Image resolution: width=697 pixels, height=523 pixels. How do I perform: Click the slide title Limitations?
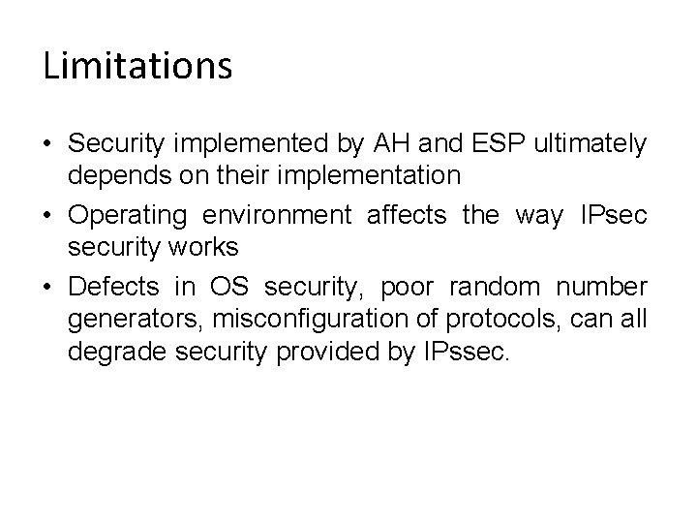[137, 66]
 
